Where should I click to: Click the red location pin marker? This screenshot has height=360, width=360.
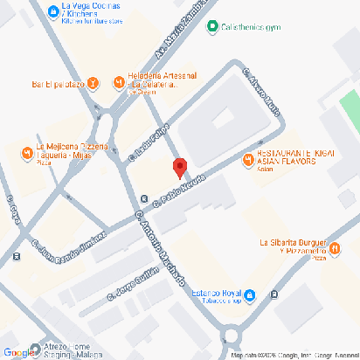pos(179,167)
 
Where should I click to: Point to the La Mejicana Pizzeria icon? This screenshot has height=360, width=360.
pos(27,155)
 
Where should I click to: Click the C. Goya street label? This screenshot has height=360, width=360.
pos(14,214)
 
